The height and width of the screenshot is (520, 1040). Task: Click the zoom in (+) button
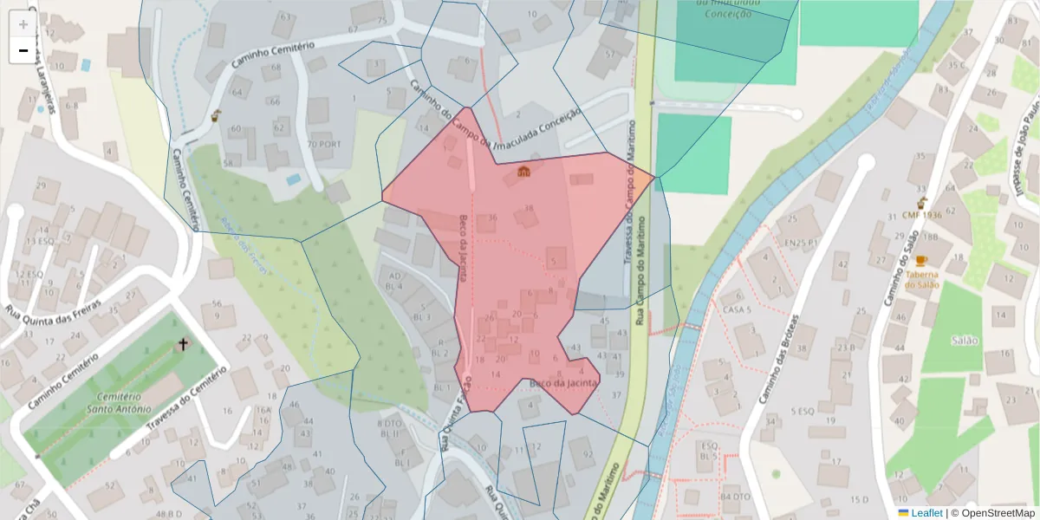23,24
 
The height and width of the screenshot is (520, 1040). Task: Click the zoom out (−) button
23,50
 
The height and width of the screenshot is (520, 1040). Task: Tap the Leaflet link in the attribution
926,513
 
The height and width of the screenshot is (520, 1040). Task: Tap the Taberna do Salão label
922,278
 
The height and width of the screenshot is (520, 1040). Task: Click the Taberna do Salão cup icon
921,260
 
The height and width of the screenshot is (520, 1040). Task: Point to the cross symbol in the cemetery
183,345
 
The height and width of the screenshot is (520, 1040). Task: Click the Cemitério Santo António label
120,402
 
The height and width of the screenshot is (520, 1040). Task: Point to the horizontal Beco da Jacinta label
563,382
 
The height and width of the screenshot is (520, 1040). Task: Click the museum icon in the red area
523,172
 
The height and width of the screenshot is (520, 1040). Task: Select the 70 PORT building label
325,144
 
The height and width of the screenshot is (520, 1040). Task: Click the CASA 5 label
735,309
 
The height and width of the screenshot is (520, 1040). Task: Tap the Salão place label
964,340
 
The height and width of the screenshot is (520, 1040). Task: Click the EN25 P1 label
801,244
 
